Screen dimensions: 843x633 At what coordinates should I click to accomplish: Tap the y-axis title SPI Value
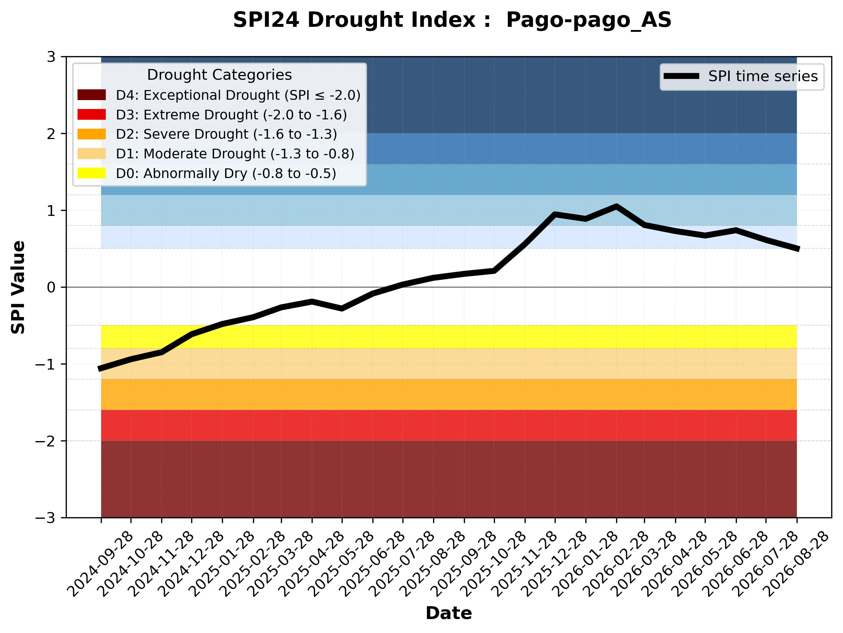point(18,287)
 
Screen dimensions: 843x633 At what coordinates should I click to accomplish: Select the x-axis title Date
point(448,613)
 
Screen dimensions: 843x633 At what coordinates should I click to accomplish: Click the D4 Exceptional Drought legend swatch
point(91,95)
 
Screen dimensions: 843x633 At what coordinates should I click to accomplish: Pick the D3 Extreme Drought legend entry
point(212,115)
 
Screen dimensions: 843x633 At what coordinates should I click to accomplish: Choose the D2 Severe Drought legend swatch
point(91,134)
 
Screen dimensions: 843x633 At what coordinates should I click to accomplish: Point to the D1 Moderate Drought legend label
point(235,154)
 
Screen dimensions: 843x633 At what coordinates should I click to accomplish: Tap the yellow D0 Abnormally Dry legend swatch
point(91,173)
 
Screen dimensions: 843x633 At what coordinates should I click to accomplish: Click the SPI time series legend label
point(763,76)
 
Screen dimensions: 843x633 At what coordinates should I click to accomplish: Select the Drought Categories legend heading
point(219,75)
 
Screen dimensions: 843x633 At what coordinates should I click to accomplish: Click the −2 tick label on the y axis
point(45,441)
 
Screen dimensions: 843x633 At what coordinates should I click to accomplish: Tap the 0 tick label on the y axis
point(51,287)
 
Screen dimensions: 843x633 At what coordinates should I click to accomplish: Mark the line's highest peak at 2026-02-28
point(616,207)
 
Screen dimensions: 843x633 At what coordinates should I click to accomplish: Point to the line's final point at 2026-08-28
point(797,249)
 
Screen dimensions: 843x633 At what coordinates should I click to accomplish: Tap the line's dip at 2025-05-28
point(342,308)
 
